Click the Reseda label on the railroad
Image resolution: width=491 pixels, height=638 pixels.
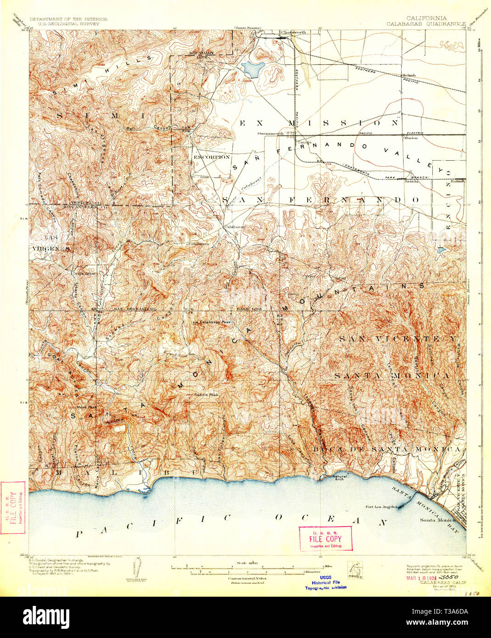click(x=410, y=181)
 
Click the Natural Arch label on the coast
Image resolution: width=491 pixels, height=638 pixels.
click(x=340, y=478)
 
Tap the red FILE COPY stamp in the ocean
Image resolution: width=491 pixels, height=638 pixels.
click(x=325, y=538)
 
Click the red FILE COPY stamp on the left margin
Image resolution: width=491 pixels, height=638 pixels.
click(x=12, y=508)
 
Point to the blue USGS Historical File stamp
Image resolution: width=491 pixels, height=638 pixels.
click(x=325, y=583)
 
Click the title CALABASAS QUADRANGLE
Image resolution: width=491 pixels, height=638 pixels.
click(x=426, y=23)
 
